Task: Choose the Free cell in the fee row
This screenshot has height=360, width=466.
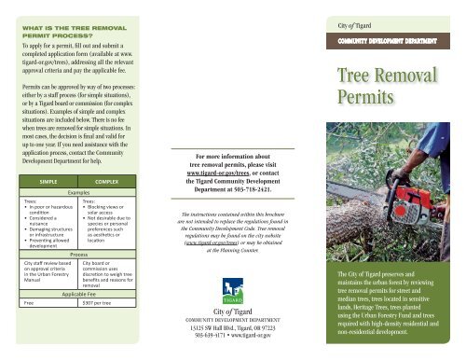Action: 31,303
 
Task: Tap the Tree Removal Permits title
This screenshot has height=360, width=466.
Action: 395,87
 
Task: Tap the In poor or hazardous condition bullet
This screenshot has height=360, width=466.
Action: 52,206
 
